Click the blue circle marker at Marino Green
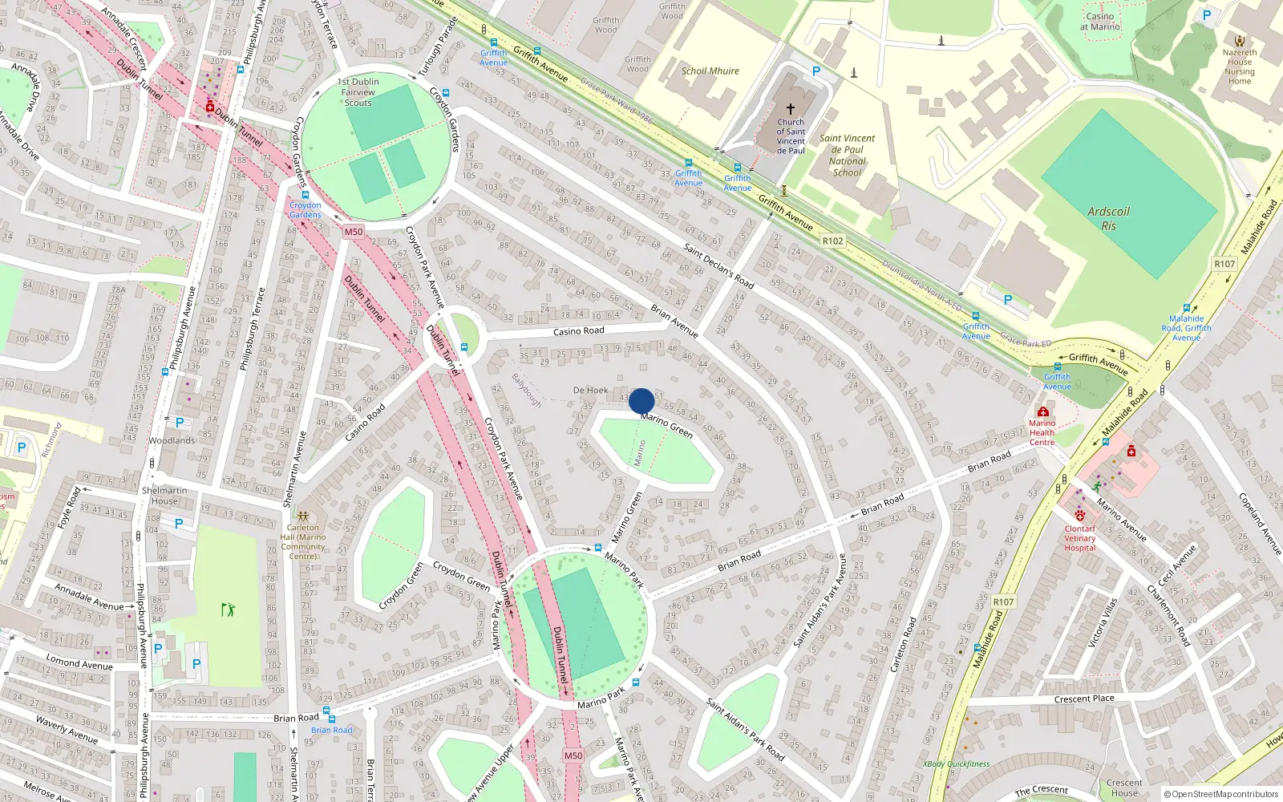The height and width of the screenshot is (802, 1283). [x=641, y=401]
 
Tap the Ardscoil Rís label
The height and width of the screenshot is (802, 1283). [x=1108, y=219]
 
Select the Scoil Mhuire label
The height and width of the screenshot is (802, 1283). [x=710, y=71]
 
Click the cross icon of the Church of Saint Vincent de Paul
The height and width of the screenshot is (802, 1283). [x=790, y=108]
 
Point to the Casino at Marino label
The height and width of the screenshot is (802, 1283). [x=1099, y=22]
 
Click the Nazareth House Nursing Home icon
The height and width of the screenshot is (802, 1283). [x=1240, y=41]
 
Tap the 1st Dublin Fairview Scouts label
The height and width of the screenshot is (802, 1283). [x=358, y=92]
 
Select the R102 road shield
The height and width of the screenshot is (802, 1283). [x=832, y=241]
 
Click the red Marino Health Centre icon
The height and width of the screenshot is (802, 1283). [x=1042, y=411]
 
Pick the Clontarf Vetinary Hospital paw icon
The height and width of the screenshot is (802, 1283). [x=1080, y=516]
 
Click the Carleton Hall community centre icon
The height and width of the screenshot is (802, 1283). [x=303, y=516]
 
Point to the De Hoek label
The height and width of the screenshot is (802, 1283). [x=590, y=391]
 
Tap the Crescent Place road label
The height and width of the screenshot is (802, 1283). [x=1084, y=699]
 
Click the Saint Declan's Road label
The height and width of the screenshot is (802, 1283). [x=718, y=265]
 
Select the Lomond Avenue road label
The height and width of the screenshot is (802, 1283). [x=79, y=663]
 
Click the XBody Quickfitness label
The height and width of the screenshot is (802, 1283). [x=956, y=764]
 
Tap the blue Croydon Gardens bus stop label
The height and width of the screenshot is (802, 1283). [x=305, y=210]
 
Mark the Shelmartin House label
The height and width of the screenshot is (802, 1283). [x=164, y=496]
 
